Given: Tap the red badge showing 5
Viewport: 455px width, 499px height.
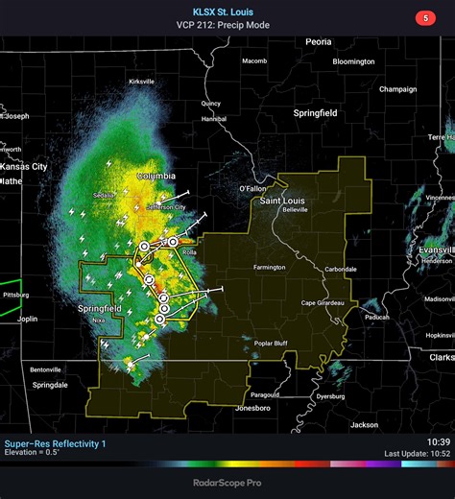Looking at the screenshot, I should tap(424, 17).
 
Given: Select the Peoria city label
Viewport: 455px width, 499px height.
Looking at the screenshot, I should tap(318, 42).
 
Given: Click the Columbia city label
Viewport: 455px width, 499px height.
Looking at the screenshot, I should tap(156, 177).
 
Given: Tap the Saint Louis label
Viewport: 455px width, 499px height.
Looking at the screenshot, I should tap(280, 202).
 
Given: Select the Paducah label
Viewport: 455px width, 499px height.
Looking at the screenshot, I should tap(376, 316).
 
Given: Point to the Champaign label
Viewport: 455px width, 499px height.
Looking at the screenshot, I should tap(397, 89).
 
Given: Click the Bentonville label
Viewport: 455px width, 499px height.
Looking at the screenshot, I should tap(45, 368).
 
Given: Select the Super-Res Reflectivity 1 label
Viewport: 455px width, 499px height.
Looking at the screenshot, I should tap(56, 443).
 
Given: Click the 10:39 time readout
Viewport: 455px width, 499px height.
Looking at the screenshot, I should tap(438, 441).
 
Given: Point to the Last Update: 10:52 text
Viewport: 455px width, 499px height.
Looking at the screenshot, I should tap(417, 453).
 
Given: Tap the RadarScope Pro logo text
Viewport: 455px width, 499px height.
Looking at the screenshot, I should tap(227, 484).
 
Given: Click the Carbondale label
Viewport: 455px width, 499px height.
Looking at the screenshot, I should tap(340, 269).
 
